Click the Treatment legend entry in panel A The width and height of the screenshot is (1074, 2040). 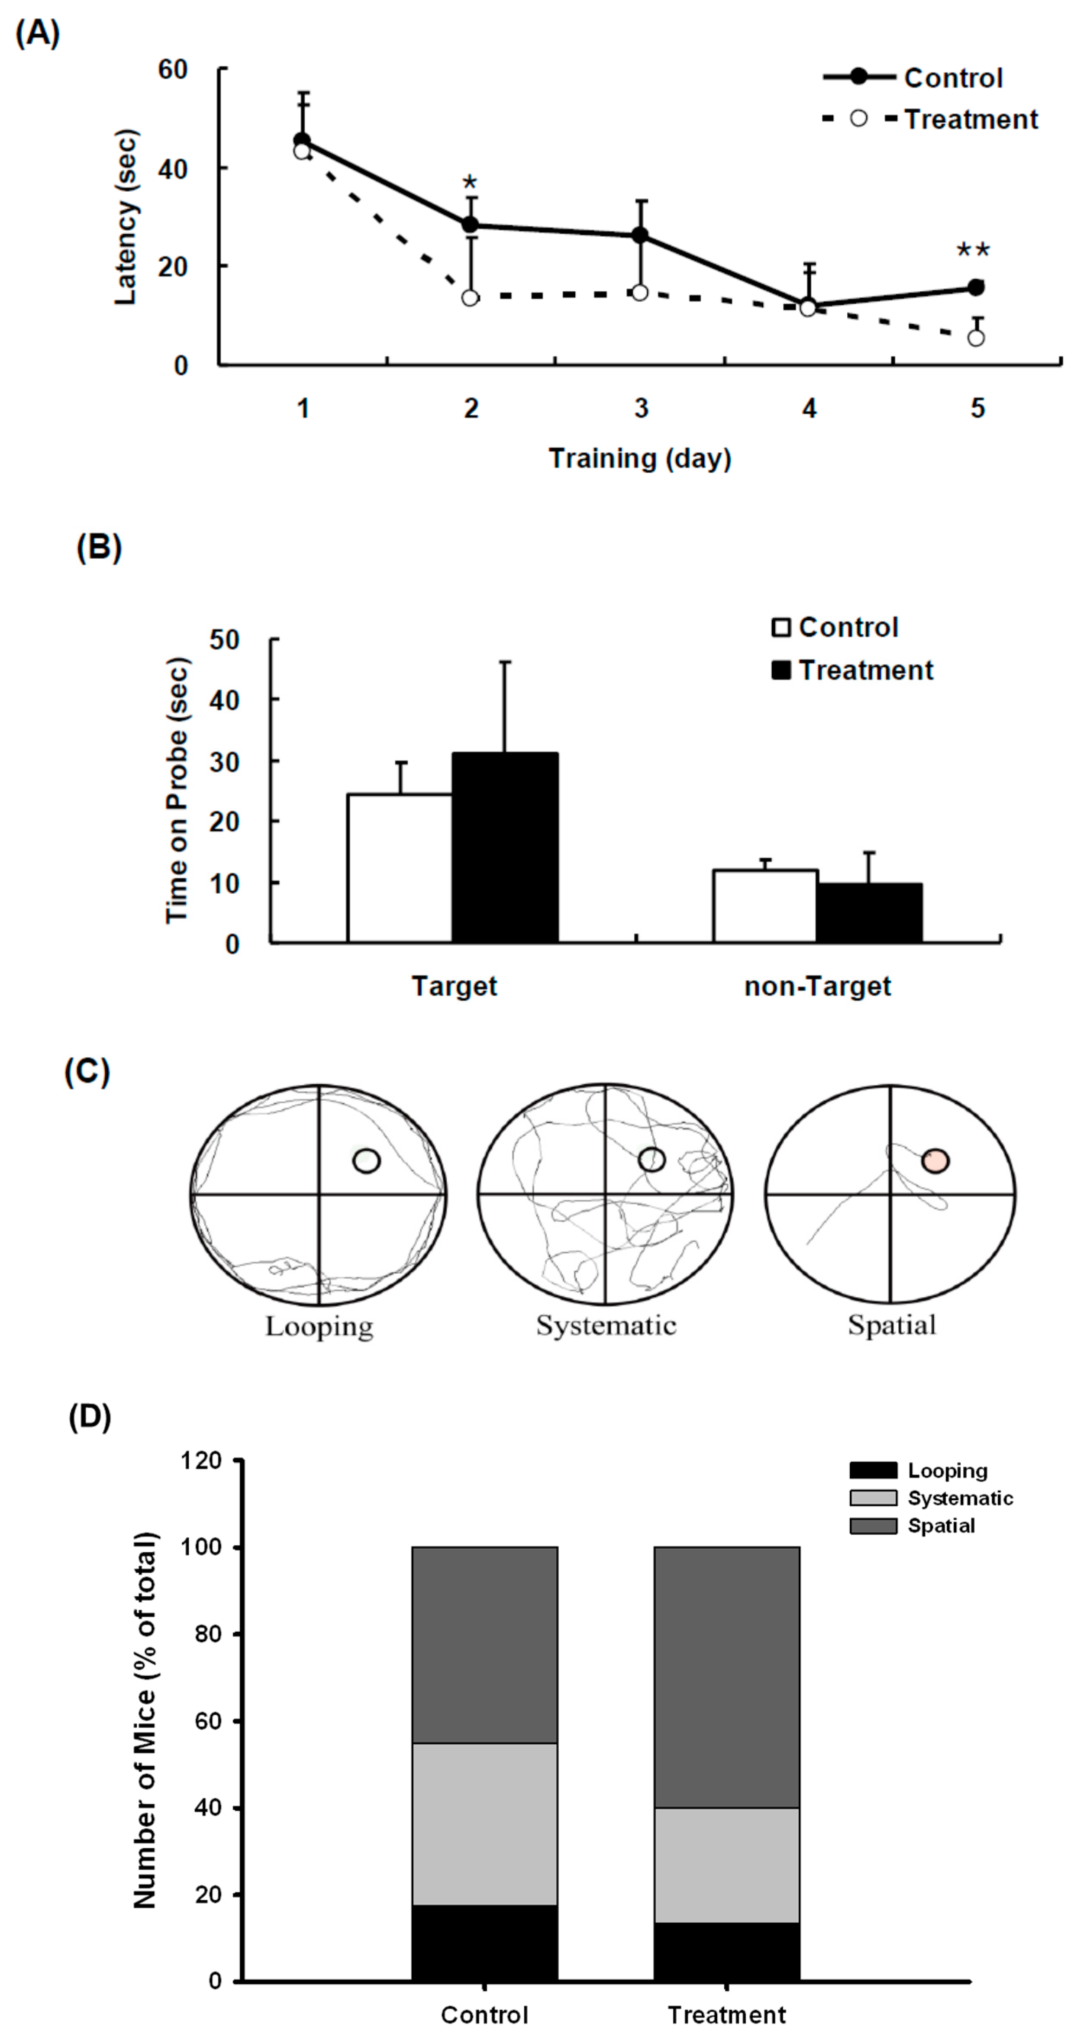point(970,119)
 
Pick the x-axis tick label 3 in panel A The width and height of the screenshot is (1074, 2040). point(641,409)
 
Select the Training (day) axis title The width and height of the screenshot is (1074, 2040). point(640,458)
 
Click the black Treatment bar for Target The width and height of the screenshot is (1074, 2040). point(504,848)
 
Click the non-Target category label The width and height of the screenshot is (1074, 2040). point(817,987)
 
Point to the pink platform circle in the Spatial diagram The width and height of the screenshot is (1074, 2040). point(935,1161)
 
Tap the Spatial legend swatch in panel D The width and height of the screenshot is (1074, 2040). point(873,1527)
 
